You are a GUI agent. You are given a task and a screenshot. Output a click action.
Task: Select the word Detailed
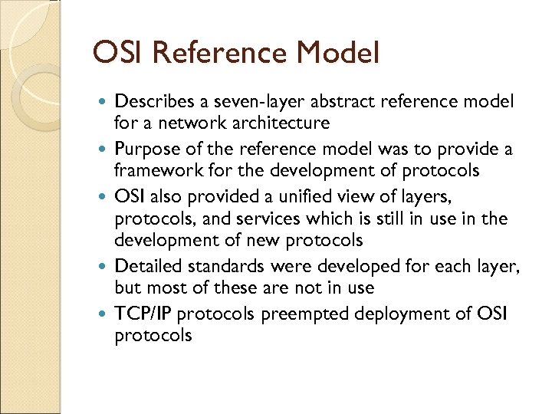tap(145, 266)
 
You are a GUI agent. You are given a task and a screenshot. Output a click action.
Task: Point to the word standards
tap(218, 266)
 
